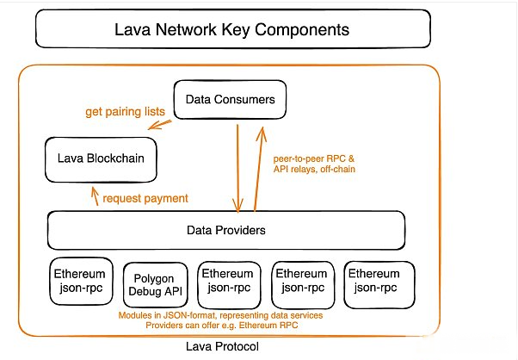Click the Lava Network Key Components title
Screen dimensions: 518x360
coord(232,29)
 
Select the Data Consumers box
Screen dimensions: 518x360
coord(230,100)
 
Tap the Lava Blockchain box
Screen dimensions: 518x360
coord(101,159)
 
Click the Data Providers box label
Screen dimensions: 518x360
coord(226,230)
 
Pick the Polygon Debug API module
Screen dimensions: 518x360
coord(155,285)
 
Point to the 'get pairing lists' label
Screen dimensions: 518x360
coord(126,112)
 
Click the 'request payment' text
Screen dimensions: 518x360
coord(145,198)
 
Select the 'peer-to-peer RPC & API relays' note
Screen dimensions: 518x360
coord(314,164)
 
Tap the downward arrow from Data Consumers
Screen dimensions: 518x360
coord(237,169)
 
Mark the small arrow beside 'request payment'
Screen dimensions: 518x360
coord(96,196)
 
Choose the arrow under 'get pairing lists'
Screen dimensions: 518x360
coord(159,125)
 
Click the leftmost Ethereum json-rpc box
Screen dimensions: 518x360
coord(81,282)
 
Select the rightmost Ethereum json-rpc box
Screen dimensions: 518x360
coord(379,284)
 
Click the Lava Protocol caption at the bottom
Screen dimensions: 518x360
coord(222,346)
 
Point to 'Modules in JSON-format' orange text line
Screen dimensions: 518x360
coord(220,315)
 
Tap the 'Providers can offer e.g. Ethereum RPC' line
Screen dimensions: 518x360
coord(222,326)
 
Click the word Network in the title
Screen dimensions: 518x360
coord(186,29)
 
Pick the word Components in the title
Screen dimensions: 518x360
coord(302,30)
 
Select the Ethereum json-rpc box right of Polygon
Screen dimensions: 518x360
coord(229,284)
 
